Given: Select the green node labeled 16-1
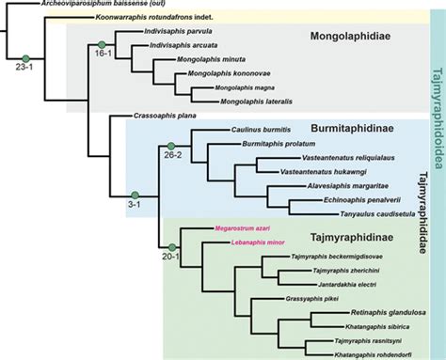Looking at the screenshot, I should (x=102, y=44).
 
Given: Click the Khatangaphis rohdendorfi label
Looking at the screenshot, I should (x=358, y=352).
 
